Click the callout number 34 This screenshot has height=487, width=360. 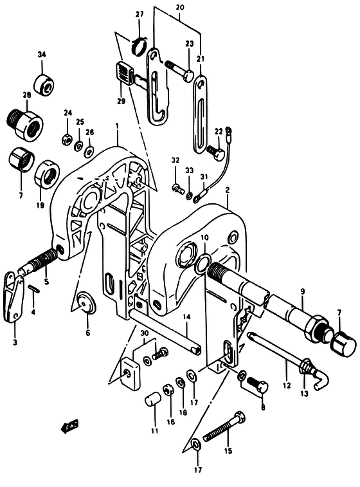point(42,55)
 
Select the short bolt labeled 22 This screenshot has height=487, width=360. point(215,152)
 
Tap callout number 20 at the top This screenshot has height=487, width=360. point(180,8)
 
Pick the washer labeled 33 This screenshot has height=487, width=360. point(189,196)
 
